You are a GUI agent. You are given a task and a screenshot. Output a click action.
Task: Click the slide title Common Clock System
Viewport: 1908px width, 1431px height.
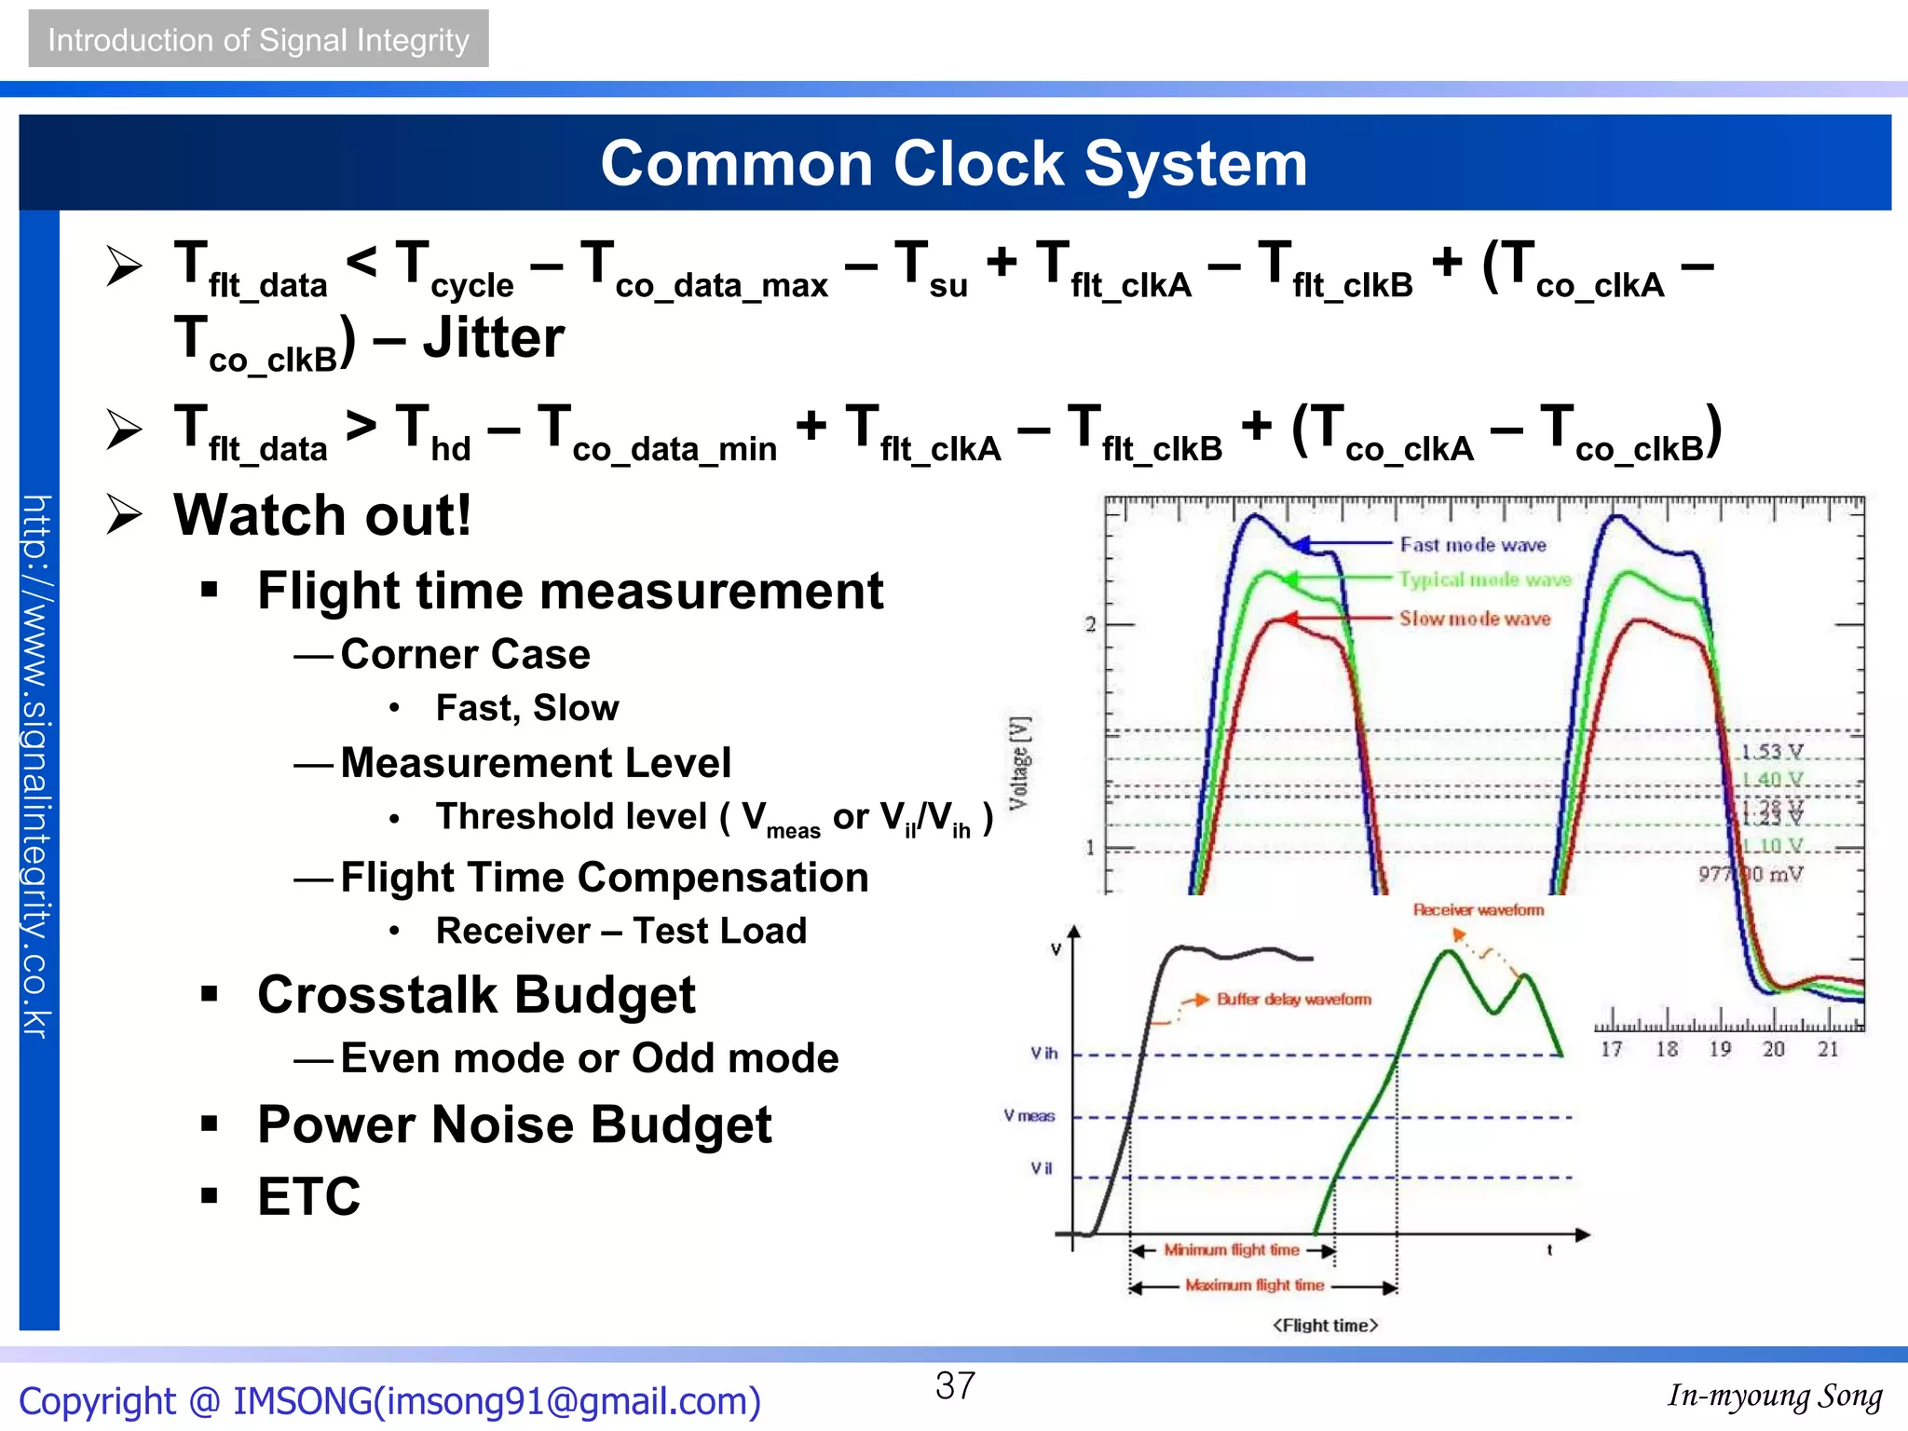click(954, 164)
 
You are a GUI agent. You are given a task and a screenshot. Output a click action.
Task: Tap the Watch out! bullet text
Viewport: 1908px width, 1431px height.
click(322, 514)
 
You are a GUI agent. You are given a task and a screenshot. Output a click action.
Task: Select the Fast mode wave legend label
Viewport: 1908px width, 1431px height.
click(1473, 545)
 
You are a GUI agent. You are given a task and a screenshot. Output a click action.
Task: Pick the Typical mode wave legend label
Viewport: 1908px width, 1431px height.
click(1484, 579)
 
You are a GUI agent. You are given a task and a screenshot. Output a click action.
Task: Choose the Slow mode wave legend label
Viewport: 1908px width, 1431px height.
click(1475, 619)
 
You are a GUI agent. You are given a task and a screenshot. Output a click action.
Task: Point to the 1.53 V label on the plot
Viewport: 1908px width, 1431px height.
click(1772, 752)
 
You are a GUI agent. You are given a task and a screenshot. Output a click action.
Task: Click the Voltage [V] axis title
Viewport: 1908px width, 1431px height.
click(1020, 763)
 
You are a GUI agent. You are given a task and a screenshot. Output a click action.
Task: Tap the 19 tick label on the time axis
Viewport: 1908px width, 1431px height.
click(1720, 1049)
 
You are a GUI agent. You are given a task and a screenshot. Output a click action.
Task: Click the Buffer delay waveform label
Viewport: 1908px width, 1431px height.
click(1294, 1000)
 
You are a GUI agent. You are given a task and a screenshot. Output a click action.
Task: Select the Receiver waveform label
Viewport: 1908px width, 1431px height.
click(1478, 910)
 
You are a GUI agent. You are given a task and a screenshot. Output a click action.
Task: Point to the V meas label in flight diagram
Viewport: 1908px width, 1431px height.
click(1029, 1116)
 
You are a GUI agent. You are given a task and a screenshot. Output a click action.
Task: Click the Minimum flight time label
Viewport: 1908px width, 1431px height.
click(1231, 1250)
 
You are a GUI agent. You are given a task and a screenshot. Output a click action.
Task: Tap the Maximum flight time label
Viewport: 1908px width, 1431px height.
click(1254, 1286)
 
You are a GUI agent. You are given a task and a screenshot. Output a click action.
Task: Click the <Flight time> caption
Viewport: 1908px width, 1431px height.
click(1325, 1326)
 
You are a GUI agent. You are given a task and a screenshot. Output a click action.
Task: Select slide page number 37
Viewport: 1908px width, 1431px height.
click(955, 1386)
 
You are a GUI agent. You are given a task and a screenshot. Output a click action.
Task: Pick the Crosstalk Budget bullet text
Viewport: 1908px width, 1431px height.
click(476, 995)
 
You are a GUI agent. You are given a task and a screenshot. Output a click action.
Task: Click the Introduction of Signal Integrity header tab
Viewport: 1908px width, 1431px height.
click(258, 40)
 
